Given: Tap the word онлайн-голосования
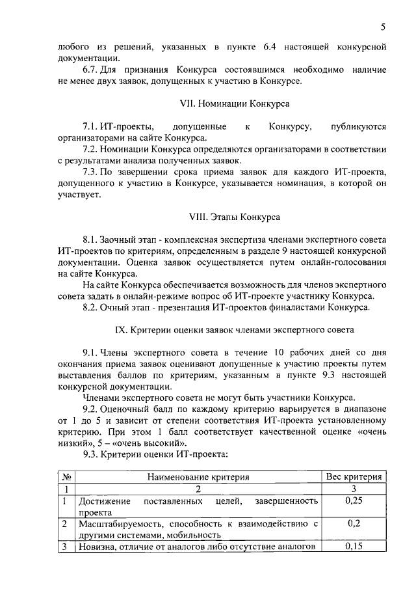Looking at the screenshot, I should pyautogui.click(x=344, y=262).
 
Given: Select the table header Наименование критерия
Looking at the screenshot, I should pyautogui.click(x=198, y=477).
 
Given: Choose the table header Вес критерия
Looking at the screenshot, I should pyautogui.click(x=353, y=477).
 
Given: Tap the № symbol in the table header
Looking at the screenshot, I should pyautogui.click(x=65, y=477).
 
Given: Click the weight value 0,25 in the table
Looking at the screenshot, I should pyautogui.click(x=353, y=500).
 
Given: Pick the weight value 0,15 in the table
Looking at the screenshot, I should pyautogui.click(x=353, y=546).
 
